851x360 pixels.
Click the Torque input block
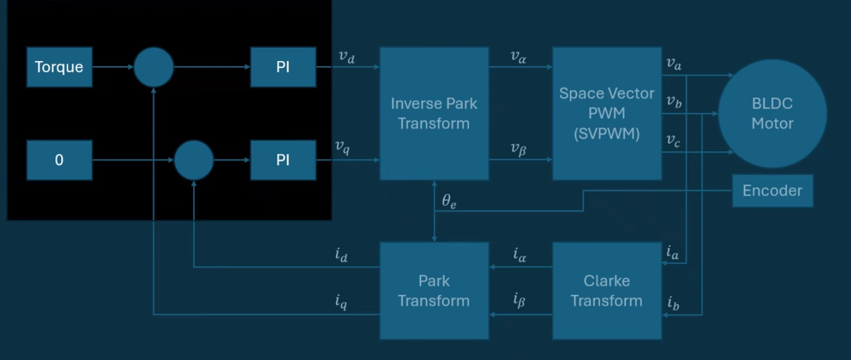coord(59,67)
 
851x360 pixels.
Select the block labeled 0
coord(59,160)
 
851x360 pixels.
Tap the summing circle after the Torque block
coord(154,67)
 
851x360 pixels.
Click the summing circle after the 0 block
coord(194,160)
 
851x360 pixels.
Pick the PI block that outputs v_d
coord(283,67)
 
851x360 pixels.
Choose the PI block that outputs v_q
coord(283,160)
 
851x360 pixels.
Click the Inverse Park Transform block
coord(434,113)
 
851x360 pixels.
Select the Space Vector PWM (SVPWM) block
coord(607,113)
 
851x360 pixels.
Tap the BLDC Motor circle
coord(773,113)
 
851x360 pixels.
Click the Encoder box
coord(773,191)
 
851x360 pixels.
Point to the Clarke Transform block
coord(607,291)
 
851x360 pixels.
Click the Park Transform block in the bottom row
coord(434,291)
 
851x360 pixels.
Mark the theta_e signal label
coord(449,201)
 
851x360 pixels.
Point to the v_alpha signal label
coord(518,57)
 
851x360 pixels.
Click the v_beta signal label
coord(518,149)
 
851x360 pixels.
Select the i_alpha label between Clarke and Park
coord(520,254)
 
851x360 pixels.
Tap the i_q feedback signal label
coord(341,303)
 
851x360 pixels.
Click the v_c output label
coord(673,141)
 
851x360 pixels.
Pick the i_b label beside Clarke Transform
coord(673,304)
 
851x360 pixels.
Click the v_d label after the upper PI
coord(346,57)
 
